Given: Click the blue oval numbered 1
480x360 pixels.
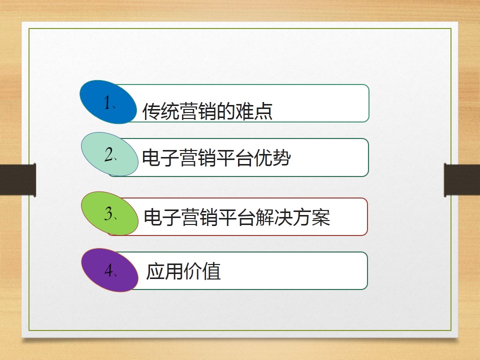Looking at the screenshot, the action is click(x=108, y=102).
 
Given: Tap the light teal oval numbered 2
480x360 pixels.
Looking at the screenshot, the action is click(x=109, y=154).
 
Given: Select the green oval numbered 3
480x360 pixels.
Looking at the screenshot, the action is click(x=109, y=213).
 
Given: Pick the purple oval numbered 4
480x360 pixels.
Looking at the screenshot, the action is click(x=109, y=270).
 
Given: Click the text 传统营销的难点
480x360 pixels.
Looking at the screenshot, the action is click(x=207, y=111).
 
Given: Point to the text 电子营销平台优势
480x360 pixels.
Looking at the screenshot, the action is click(x=216, y=157).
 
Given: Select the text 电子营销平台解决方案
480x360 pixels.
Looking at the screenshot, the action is click(x=237, y=217).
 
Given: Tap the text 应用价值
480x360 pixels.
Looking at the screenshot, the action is click(x=183, y=271).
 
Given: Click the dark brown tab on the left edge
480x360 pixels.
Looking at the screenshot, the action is click(x=18, y=180).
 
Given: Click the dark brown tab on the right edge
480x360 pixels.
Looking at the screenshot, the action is click(x=462, y=180).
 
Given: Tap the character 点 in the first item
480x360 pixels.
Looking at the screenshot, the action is click(x=263, y=111).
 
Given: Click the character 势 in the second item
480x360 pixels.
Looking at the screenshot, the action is click(x=281, y=157).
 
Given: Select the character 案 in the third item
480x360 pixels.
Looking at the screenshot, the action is click(x=321, y=217).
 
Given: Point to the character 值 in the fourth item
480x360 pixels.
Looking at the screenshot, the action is click(x=211, y=271).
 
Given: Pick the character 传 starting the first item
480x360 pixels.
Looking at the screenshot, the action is click(x=152, y=111).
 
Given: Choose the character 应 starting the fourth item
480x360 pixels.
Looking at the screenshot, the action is click(x=155, y=271).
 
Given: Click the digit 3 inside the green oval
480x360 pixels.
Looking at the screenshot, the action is click(x=108, y=213).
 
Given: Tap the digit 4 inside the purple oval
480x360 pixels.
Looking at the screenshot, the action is click(x=108, y=270).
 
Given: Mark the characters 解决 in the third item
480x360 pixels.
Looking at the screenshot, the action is click(x=274, y=217).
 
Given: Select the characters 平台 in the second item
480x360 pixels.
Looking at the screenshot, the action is click(x=235, y=157).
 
